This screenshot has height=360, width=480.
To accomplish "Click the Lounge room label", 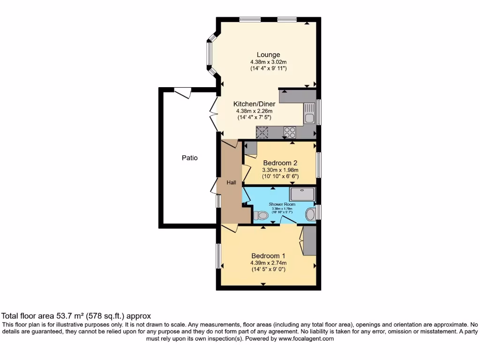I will [268, 55].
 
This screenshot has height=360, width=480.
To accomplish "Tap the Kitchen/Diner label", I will [255, 104].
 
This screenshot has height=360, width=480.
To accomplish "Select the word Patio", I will [190, 158].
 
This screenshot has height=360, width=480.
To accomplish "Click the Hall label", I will [232, 182].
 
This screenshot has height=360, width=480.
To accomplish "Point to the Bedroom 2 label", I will [280, 163].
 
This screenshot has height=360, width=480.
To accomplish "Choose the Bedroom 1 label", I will [268, 256].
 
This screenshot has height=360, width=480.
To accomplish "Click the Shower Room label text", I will [281, 204].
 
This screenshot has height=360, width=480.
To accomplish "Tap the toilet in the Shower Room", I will [260, 216].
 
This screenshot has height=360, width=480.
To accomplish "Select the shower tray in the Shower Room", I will [302, 194].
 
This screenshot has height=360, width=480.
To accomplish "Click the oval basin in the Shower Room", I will [310, 215].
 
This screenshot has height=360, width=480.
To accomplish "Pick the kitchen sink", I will [309, 113].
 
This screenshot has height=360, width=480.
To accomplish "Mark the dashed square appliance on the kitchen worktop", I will [262, 132].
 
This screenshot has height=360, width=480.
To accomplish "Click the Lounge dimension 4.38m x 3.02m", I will [268, 62].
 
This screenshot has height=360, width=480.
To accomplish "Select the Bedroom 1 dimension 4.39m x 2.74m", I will [268, 263].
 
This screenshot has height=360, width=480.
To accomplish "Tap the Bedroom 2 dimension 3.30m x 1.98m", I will [280, 170].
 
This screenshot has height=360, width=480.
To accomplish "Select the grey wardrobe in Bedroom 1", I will [309, 240].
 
